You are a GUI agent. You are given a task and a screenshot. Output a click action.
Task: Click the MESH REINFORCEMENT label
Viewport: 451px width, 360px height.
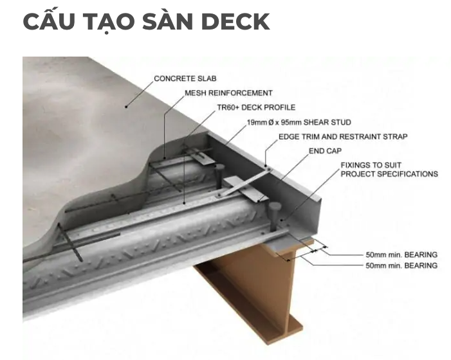(x=228, y=93)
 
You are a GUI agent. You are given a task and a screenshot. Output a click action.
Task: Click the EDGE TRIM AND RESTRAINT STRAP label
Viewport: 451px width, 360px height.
(x=343, y=137)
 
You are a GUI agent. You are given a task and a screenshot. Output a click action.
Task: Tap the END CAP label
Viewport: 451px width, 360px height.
(x=326, y=152)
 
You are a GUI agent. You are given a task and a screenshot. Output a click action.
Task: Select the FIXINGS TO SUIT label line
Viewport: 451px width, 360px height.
(x=372, y=165)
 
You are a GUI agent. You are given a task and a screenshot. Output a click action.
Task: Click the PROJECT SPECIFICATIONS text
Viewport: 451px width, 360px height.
(x=389, y=174)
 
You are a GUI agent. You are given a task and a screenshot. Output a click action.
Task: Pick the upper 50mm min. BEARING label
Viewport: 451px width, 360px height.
(x=401, y=255)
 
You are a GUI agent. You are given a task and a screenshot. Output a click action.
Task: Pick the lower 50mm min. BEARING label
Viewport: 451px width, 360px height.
(x=401, y=265)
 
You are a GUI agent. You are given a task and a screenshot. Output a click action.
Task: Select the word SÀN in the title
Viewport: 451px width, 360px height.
(x=169, y=22)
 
